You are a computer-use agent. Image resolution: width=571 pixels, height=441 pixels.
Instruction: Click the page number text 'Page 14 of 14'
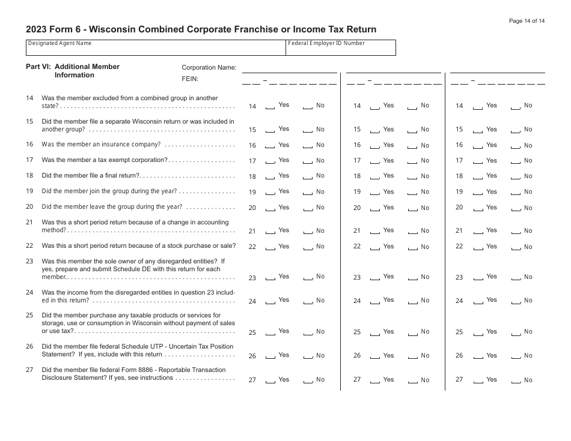[527, 21]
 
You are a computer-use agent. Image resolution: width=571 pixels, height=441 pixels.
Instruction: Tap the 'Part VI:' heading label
[38, 67]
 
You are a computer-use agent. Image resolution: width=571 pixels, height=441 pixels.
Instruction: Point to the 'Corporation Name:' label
[209, 68]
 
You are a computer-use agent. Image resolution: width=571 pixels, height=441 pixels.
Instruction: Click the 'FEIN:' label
[190, 79]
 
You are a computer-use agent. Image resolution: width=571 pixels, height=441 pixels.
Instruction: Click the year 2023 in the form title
[38, 29]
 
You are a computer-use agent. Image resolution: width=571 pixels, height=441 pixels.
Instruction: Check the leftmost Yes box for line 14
[270, 107]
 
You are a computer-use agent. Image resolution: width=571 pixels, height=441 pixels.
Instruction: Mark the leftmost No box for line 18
[308, 178]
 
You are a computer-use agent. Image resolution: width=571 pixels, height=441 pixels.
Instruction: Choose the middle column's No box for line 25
[412, 333]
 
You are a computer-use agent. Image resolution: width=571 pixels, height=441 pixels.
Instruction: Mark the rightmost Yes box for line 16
[478, 146]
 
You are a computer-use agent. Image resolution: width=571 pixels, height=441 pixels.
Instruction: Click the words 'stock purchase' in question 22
[181, 246]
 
